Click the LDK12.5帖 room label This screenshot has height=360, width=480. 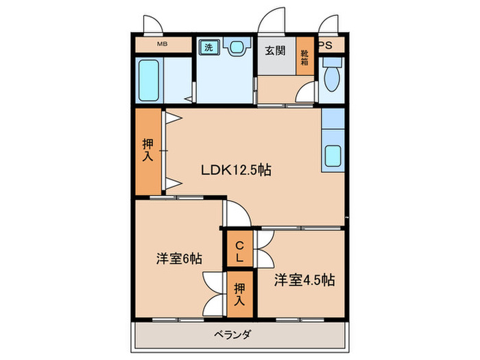click(235, 169)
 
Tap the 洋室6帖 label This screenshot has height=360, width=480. click(178, 259)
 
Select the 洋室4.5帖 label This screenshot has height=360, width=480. click(305, 280)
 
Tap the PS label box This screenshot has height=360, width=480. click(326, 45)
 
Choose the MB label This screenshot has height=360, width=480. click(162, 45)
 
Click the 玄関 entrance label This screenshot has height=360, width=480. click(276, 51)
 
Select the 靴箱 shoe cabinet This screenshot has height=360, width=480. click(304, 57)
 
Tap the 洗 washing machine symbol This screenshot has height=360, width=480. click(207, 47)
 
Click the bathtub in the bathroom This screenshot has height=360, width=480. click(149, 82)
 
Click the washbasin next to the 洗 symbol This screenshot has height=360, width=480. click(237, 48)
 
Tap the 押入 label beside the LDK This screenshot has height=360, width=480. click(147, 151)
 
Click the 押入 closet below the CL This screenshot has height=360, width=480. click(239, 293)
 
